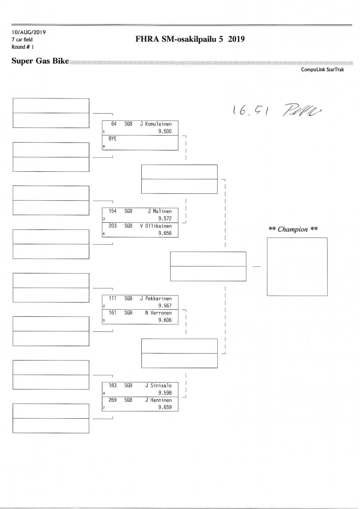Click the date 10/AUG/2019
[29, 32]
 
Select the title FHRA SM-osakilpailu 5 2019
[190, 39]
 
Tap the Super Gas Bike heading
[40, 61]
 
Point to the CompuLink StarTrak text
[322, 70]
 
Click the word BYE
[112, 139]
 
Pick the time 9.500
[164, 131]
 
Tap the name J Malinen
[160, 211]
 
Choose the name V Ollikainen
[156, 226]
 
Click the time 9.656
[164, 233]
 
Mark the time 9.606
[164, 320]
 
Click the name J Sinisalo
[158, 386]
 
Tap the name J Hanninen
[158, 400]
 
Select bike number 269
[112, 400]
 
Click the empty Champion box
[297, 266]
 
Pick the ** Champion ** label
[293, 229]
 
